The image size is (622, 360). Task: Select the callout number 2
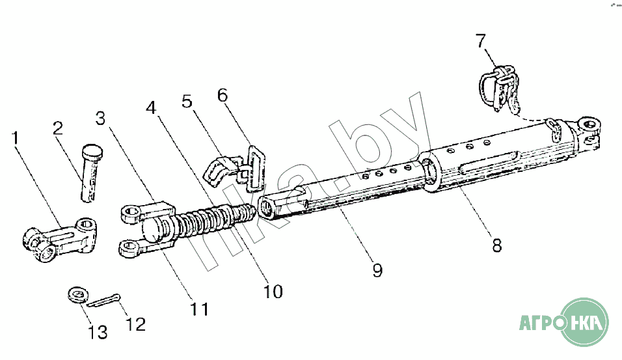[58, 128]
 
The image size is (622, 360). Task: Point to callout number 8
[496, 245]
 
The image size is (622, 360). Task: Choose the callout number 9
[377, 270]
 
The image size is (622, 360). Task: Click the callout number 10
[273, 291]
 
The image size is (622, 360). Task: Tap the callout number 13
[98, 333]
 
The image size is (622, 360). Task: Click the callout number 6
[223, 96]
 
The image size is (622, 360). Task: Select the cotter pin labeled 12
[102, 302]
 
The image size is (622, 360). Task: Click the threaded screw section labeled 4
[215, 220]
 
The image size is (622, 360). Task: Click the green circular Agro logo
[586, 322]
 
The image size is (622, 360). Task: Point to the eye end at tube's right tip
[589, 126]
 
